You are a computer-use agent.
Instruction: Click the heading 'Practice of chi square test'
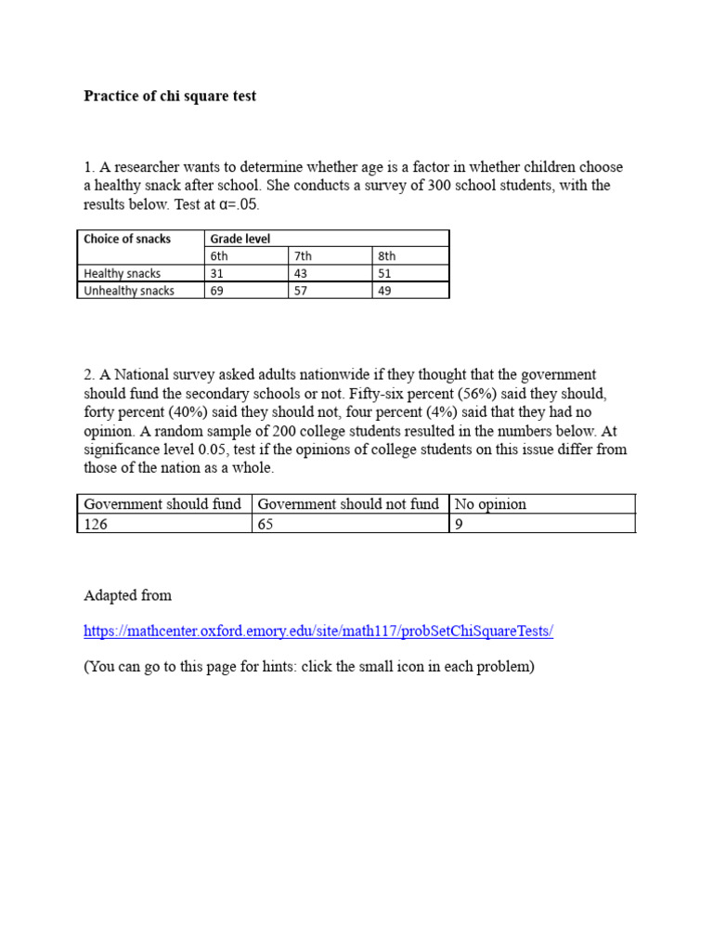point(170,96)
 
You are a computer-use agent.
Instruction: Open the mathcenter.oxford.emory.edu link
point(318,632)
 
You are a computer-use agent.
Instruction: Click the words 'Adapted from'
point(127,595)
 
